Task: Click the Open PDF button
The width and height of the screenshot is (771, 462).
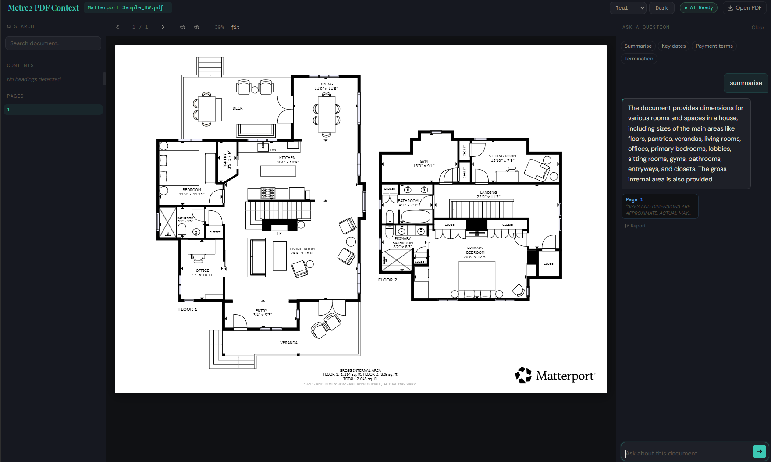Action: click(744, 8)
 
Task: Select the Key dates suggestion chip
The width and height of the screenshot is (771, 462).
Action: click(673, 46)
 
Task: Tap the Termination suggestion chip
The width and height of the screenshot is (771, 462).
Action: click(639, 59)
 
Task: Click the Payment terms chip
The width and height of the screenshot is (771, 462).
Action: click(714, 46)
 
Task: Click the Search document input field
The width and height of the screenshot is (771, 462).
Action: click(53, 43)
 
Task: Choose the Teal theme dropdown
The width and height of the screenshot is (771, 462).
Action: click(628, 8)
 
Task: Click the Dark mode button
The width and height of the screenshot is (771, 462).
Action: click(661, 8)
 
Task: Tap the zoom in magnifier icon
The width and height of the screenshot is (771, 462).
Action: click(197, 27)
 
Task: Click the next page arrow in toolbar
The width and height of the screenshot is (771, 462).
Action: click(163, 27)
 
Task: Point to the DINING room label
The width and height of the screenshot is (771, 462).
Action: click(326, 84)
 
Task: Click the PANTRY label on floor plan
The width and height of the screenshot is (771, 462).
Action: click(225, 160)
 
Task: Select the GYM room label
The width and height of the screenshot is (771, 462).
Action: click(423, 161)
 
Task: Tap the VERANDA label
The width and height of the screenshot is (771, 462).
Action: click(289, 343)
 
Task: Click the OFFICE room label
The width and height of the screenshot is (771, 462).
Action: click(203, 270)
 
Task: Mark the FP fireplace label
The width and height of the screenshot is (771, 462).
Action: click(279, 233)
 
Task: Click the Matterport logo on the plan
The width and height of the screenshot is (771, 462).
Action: click(555, 376)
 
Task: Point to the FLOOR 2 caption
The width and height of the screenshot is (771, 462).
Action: click(387, 280)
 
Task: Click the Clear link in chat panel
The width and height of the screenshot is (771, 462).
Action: click(757, 28)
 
